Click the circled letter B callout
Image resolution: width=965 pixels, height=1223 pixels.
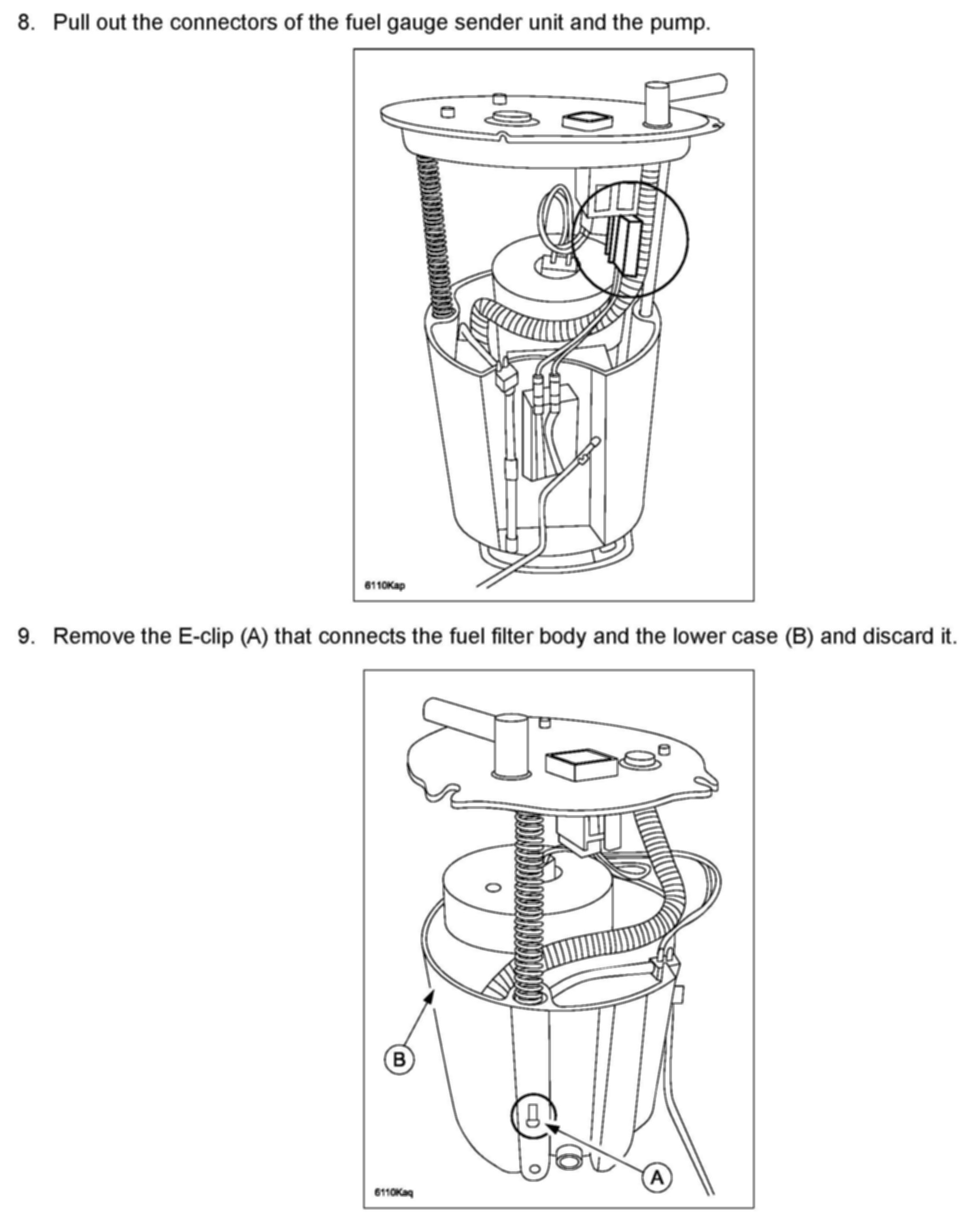pyautogui.click(x=399, y=1059)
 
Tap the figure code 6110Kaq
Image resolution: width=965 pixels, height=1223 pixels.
pyautogui.click(x=394, y=1192)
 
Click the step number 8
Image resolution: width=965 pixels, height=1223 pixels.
pyautogui.click(x=25, y=23)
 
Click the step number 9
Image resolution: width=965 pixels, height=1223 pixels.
pyautogui.click(x=25, y=636)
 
